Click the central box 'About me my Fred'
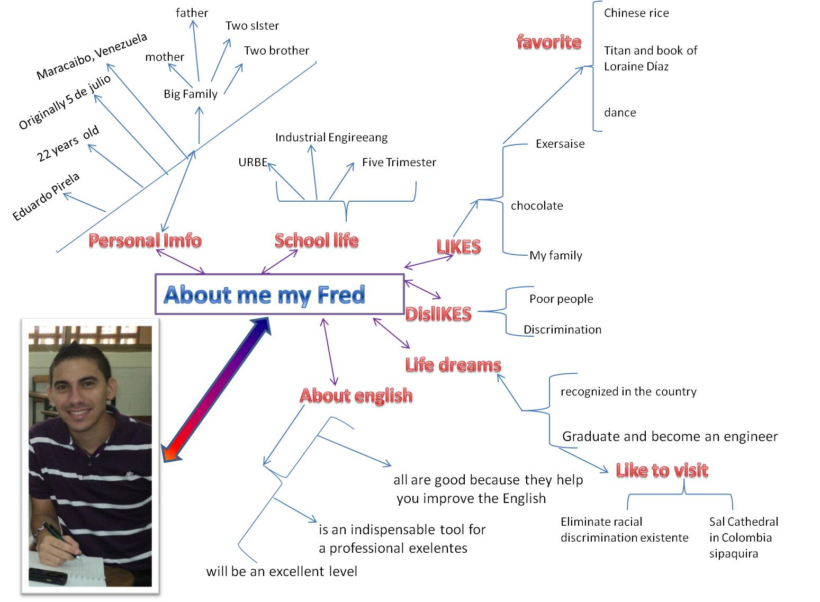coord(279,294)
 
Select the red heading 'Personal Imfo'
coord(145,240)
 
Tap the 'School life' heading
coord(317,240)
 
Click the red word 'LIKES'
coord(458,247)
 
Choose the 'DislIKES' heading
coord(438,314)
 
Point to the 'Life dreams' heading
coord(453,365)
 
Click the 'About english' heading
coord(356,396)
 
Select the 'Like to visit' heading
coord(662,470)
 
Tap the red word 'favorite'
coord(549,42)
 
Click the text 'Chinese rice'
coord(636,13)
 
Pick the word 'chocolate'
coord(537,205)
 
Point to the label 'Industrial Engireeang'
coord(331,138)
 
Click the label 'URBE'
coord(253,162)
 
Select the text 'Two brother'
coord(276,51)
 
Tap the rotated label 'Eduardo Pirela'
coord(46,196)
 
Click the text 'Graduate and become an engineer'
coord(670,436)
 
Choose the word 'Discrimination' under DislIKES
coord(562,329)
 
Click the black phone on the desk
coord(48,577)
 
